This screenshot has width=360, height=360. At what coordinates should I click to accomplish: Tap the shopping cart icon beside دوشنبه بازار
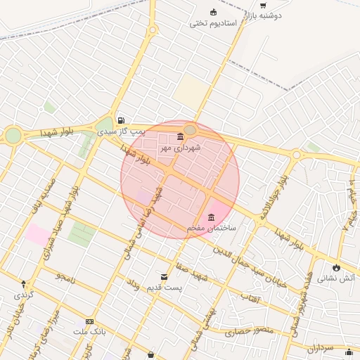[x=263, y=5]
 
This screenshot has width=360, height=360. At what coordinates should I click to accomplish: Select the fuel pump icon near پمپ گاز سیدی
[x=122, y=120]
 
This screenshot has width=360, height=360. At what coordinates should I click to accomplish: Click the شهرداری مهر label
[x=181, y=148]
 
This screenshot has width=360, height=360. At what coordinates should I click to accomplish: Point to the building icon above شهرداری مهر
[x=181, y=136]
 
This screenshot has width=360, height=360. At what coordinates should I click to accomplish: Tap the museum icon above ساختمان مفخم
[x=212, y=217]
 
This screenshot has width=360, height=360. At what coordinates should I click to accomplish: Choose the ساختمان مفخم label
[x=212, y=229]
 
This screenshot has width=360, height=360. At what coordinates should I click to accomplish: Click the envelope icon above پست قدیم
[x=165, y=277]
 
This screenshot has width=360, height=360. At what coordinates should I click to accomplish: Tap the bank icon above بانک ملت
[x=89, y=321]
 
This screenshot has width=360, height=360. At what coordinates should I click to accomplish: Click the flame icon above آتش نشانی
[x=336, y=267]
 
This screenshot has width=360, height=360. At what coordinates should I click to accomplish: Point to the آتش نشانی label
[x=337, y=278]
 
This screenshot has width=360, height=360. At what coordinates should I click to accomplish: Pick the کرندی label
[x=24, y=295]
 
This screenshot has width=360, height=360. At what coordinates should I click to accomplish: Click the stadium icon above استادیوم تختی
[x=214, y=12]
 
